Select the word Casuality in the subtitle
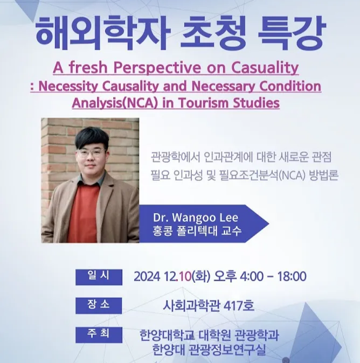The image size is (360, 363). tap(265, 68)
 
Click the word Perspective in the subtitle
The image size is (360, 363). tap(158, 68)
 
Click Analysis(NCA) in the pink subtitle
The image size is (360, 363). tap(113, 104)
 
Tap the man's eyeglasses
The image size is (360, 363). tap(92, 153)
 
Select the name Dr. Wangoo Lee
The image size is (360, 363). tap(196, 218)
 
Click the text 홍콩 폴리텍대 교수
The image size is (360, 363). tap(197, 231)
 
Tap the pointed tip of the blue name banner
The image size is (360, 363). tap(269, 224)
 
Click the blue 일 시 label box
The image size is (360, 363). tap(99, 277)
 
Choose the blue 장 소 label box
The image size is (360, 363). tap(99, 305)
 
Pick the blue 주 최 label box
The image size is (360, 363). tap(99, 335)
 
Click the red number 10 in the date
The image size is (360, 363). tap(184, 277)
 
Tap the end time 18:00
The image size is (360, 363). tap(292, 277)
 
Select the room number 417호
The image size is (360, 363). tap(239, 306)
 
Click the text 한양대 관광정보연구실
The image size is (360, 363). tap(209, 350)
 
